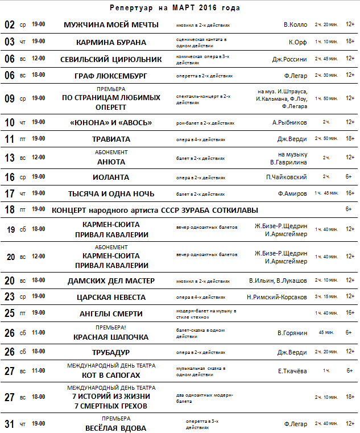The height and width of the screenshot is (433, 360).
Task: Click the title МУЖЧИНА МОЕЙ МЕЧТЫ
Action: click(x=111, y=25)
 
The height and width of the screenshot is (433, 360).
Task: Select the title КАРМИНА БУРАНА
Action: click(x=111, y=42)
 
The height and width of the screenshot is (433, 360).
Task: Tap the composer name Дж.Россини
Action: click(x=289, y=59)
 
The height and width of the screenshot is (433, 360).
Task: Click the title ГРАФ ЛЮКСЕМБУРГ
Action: click(x=111, y=76)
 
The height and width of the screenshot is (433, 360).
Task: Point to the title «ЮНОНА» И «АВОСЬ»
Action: click(x=111, y=122)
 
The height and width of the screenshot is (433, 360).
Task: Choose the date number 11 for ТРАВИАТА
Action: click(x=10, y=139)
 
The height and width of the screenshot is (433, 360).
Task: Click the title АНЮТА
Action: click(x=111, y=162)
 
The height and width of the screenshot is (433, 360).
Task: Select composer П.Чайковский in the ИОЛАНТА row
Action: click(x=287, y=177)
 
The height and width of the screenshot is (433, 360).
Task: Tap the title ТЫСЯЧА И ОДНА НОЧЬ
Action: click(x=111, y=193)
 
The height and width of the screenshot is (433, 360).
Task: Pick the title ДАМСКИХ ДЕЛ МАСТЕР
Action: click(x=111, y=281)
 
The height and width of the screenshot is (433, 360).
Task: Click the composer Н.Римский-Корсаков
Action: click(x=277, y=297)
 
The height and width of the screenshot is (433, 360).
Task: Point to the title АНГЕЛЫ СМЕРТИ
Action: click(x=111, y=314)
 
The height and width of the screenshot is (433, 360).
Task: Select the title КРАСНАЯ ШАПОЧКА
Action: click(x=111, y=337)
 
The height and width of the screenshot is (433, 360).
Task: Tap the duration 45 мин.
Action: click(x=326, y=332)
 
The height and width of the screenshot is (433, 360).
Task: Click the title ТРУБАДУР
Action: click(x=111, y=352)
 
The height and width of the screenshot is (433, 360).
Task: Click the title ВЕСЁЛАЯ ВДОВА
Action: click(x=111, y=428)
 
